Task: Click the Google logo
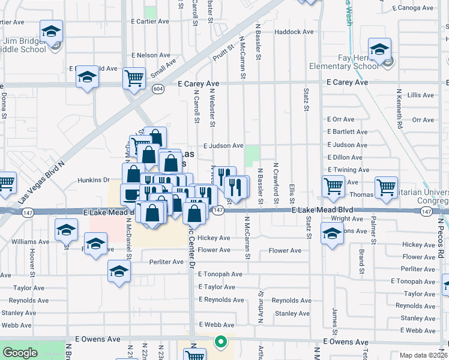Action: tap(20, 353)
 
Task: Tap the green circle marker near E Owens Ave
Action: tap(221, 342)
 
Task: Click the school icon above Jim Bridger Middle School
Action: tap(52, 31)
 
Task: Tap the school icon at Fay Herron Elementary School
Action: tap(379, 49)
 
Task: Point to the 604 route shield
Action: tap(158, 89)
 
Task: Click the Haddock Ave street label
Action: tap(294, 32)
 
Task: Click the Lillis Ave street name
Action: tap(420, 95)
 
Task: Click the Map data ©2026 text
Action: tap(423, 355)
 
